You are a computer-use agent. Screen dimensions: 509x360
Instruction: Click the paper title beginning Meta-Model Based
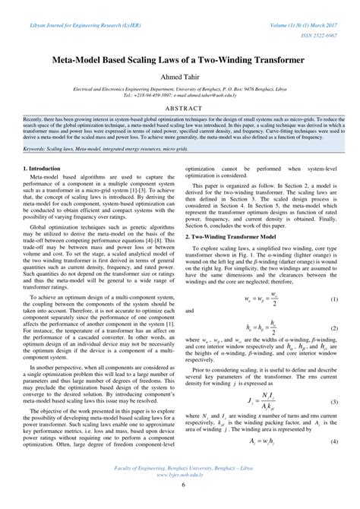[x=180, y=58]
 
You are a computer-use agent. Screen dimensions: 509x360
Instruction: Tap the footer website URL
[x=180, y=489]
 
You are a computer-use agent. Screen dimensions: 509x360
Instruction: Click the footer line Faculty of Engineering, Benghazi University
[x=180, y=482]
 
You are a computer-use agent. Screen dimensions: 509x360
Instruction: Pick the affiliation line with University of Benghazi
[x=180, y=90]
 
